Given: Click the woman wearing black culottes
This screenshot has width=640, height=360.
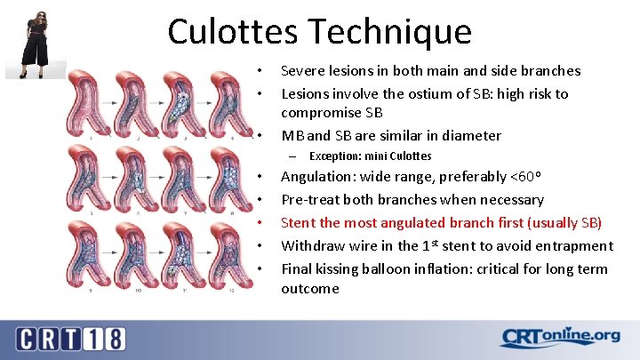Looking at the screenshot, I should (x=38, y=42).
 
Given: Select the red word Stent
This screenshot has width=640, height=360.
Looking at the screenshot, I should (x=299, y=222).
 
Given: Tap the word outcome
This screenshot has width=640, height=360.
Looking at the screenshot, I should (x=310, y=289).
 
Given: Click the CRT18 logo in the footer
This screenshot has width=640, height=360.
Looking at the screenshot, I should (x=71, y=338).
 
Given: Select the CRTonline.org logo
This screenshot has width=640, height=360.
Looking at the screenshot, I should (x=560, y=337).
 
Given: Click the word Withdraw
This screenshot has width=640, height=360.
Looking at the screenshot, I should (x=311, y=246).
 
